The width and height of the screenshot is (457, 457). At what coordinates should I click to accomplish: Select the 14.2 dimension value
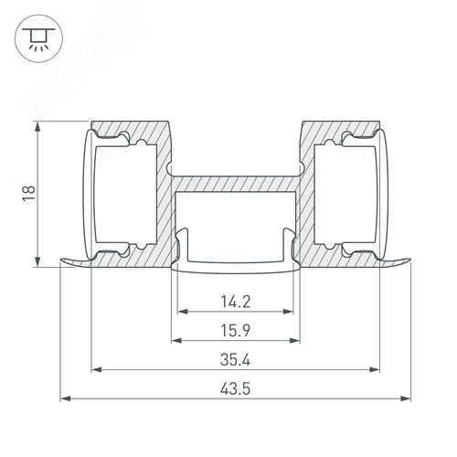(x=235, y=298)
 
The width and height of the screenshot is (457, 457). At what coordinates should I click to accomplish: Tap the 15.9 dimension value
(x=235, y=327)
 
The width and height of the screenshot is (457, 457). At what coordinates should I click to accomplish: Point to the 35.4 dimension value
(x=235, y=357)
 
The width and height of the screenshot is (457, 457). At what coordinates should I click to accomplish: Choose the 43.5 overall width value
(x=235, y=387)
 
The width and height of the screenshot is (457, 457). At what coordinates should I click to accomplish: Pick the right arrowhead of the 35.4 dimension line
(x=375, y=370)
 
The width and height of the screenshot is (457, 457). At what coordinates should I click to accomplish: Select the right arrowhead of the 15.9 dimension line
(x=298, y=340)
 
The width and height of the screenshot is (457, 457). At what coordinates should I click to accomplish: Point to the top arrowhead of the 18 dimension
(x=37, y=124)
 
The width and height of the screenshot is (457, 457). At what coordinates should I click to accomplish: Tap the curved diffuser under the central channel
(x=235, y=267)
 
